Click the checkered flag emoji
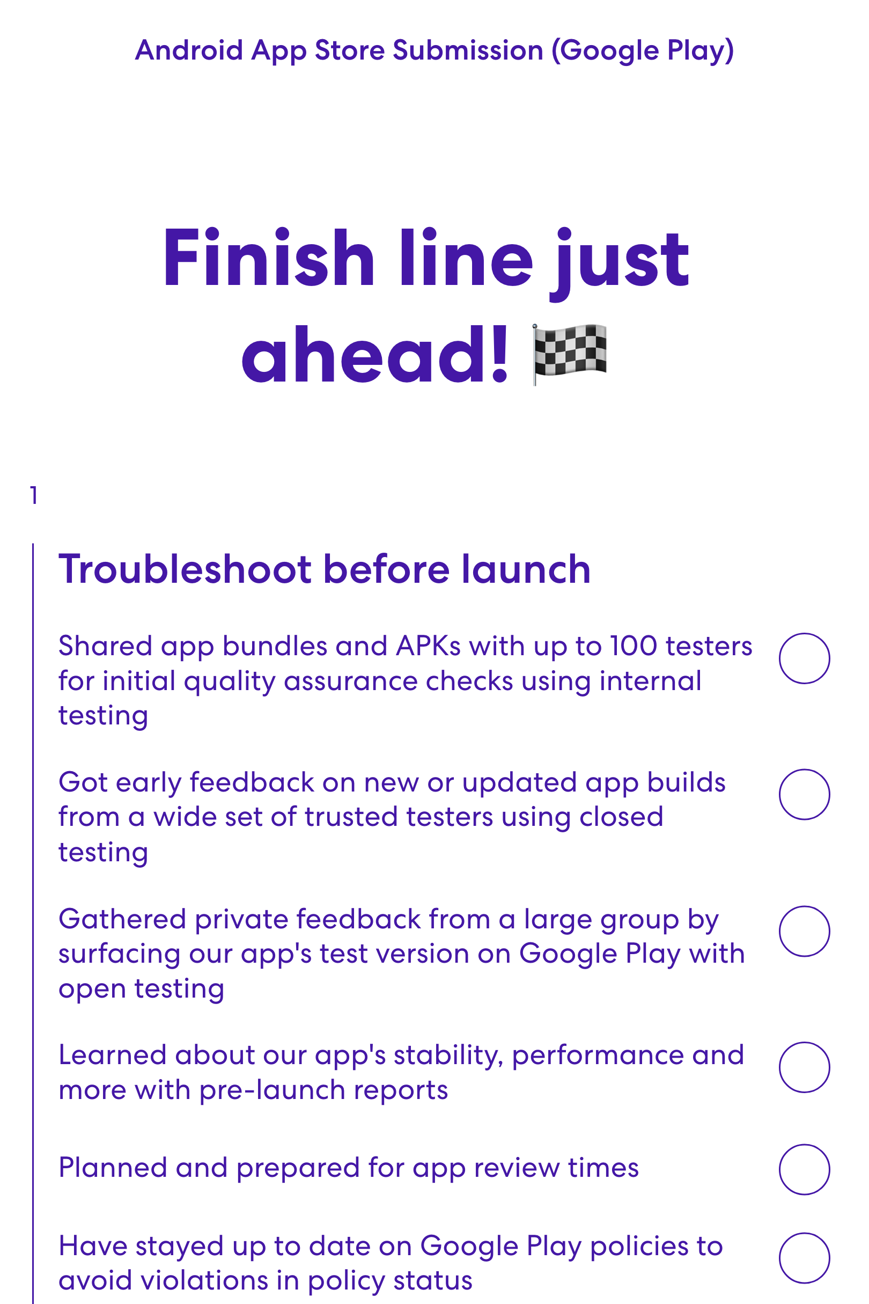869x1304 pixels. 570,354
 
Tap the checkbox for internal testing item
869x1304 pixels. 804,658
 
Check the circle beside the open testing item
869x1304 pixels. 804,931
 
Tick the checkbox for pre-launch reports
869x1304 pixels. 804,1067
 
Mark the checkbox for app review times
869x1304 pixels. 804,1169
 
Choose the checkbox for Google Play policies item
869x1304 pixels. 804,1258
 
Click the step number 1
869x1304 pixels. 34,495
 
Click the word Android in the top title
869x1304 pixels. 189,50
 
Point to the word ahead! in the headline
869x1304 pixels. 374,355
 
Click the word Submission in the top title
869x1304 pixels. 468,50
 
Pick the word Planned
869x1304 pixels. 113,1168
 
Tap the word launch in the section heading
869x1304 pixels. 526,569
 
